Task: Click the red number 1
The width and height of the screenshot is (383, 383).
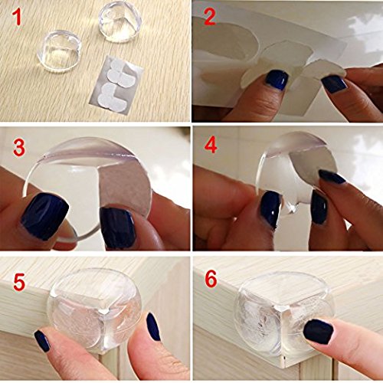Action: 18,17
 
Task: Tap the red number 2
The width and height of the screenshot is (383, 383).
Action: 210,16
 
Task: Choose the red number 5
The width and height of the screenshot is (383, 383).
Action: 19,282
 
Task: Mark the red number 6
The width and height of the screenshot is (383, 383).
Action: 211,279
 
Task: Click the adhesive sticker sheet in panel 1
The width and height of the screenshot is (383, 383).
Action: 114,85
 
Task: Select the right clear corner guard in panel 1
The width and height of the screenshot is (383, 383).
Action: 120,24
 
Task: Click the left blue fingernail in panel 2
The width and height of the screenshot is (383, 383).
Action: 277,80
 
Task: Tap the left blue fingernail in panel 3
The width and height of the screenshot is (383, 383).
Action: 45,216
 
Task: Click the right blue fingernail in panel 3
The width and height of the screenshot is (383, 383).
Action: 117,228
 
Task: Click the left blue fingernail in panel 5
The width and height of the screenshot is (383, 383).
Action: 42,341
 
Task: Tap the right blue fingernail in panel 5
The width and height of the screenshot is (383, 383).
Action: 153,326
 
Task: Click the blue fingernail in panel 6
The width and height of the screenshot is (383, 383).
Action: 319,332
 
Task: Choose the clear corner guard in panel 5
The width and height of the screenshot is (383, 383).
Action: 94,309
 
